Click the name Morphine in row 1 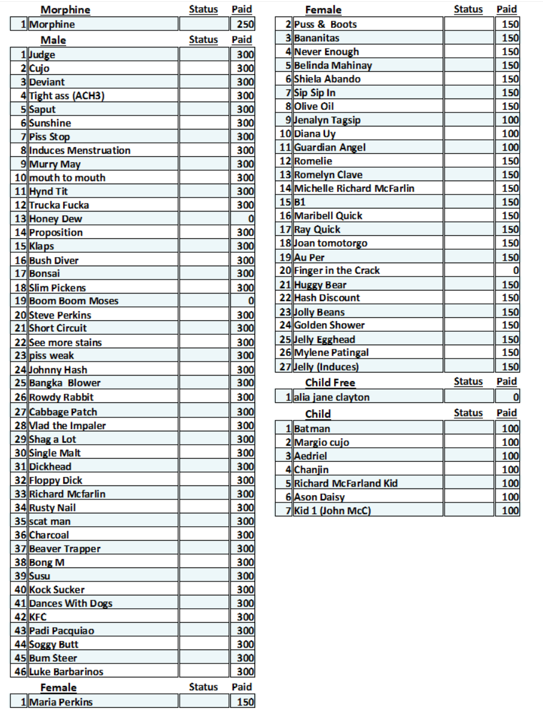[x=52, y=24]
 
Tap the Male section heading [x=53, y=40]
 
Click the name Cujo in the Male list [x=39, y=68]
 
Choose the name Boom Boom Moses [x=73, y=301]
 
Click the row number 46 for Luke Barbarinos [x=20, y=671]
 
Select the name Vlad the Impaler [x=67, y=425]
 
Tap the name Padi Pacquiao [x=61, y=631]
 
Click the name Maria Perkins [x=61, y=702]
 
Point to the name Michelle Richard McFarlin [x=354, y=188]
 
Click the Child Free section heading [x=330, y=382]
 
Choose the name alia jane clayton [x=332, y=397]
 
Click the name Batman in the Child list [x=312, y=428]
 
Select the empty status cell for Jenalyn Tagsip [x=468, y=120]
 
